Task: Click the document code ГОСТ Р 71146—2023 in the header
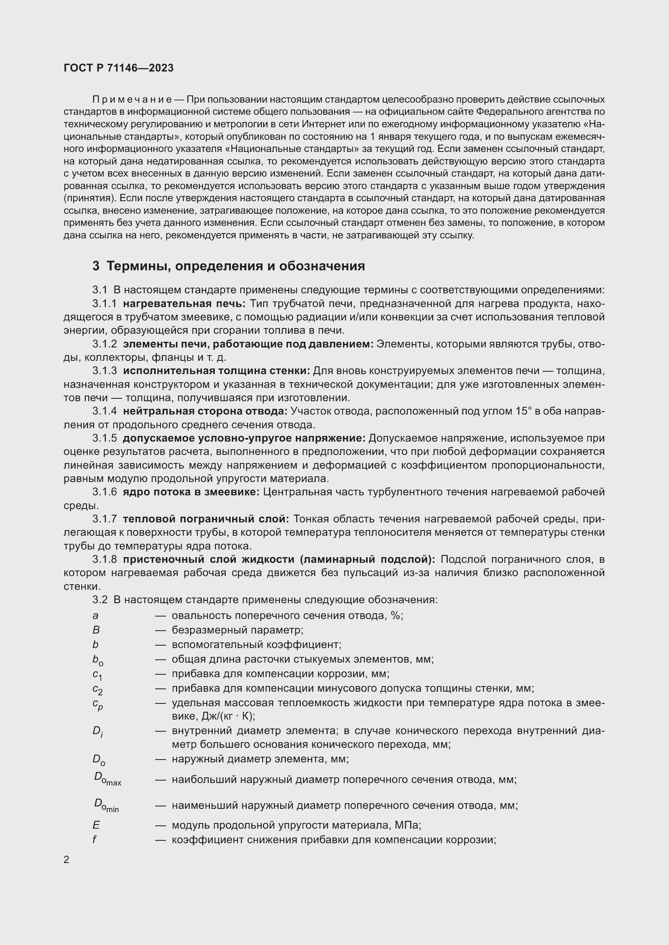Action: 119,68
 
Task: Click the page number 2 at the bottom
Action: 67,859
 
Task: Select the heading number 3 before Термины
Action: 96,266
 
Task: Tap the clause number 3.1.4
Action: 105,411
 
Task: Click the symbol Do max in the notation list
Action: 107,779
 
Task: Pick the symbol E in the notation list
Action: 96,825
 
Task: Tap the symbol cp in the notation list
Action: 97,704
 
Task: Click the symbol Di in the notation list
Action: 97,731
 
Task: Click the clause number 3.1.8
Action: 105,559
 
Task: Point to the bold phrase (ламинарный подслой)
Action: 367,559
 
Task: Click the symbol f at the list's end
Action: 94,840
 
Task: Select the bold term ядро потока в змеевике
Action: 191,492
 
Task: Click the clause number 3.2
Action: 100,600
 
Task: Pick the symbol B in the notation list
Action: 96,630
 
